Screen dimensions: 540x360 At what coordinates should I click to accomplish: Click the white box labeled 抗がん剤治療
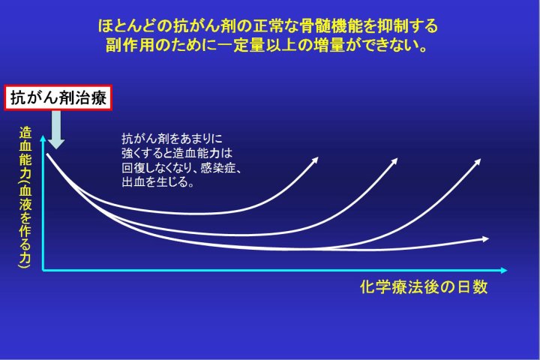(58, 97)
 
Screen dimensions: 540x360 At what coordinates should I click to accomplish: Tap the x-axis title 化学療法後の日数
(424, 286)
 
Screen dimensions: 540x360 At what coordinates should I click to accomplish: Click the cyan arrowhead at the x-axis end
(504, 271)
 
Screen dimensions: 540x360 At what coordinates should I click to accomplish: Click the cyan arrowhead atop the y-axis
(43, 139)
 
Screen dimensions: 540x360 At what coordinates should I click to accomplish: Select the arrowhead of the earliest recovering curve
(315, 160)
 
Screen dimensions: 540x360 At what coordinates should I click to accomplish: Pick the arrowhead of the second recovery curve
(394, 161)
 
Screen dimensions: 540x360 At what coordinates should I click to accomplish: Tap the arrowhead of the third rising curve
(477, 162)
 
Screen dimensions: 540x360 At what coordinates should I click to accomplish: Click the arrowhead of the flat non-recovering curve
(485, 238)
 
